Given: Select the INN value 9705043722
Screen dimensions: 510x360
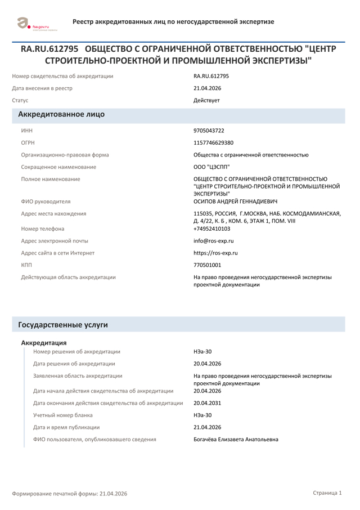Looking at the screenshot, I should click(209, 131).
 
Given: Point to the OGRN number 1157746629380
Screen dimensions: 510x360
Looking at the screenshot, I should click(213, 143).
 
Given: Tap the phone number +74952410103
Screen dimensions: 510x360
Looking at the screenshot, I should click(211, 229).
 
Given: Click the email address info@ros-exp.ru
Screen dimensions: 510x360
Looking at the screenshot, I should click(213, 241).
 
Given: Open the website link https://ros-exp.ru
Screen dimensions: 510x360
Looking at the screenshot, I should click(215, 253).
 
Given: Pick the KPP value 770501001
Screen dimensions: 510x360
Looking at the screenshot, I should click(207, 265).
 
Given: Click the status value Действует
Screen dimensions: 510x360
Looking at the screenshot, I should click(206, 101).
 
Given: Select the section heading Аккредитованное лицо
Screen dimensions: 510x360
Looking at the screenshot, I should click(61, 114).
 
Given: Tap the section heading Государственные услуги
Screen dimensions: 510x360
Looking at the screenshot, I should click(63, 325).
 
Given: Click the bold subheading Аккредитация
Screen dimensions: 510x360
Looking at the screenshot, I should click(44, 343).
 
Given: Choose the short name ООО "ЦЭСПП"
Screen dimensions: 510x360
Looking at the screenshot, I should click(211, 167).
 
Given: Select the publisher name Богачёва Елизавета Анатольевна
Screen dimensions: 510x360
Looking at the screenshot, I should click(236, 440).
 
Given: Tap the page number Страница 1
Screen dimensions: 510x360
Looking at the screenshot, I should click(327, 493).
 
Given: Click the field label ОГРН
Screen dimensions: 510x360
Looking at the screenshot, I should click(28, 143).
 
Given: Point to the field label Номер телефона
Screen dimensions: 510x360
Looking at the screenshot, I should click(43, 229).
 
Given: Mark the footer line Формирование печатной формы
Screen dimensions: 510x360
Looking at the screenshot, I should click(70, 494).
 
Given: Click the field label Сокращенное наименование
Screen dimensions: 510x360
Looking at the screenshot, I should click(58, 167).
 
